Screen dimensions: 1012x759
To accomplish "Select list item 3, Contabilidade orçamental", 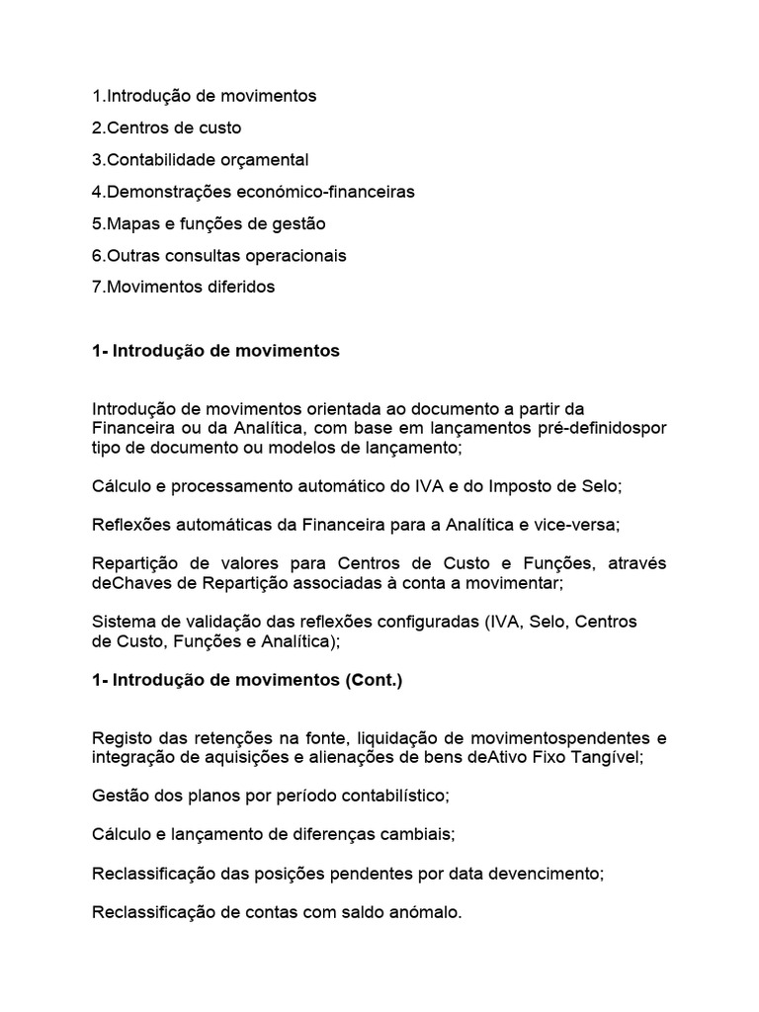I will (200, 159).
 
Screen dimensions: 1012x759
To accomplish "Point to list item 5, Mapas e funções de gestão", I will (209, 223).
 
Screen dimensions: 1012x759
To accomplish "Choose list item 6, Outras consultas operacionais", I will (219, 255).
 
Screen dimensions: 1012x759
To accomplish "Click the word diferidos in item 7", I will (236, 287).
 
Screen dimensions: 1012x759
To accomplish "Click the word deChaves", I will (127, 582).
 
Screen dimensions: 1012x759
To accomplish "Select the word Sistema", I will (125, 622).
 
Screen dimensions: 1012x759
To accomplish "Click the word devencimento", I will (548, 874).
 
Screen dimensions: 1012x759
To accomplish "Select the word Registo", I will (122, 737).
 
